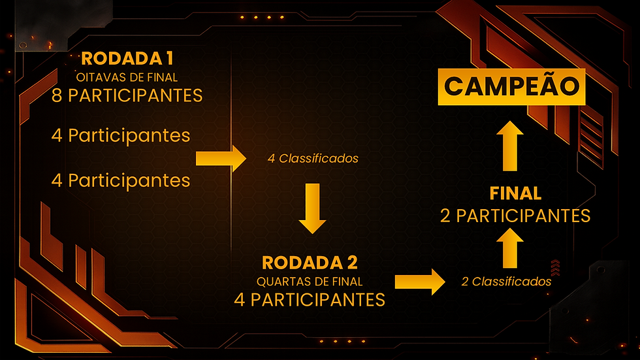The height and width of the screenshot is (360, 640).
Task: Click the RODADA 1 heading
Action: [127, 58]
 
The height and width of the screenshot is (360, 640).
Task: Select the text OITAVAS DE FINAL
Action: [127, 78]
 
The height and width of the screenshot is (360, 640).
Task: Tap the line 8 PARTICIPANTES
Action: [127, 95]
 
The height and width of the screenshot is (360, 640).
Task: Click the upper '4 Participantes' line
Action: [121, 135]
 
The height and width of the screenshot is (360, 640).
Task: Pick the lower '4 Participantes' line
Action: [121, 179]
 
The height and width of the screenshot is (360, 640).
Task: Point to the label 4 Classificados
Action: [312, 158]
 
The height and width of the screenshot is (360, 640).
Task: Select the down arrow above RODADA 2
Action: [312, 208]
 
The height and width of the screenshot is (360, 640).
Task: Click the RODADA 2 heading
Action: [310, 263]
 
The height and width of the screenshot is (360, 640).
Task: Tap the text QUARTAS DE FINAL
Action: [310, 282]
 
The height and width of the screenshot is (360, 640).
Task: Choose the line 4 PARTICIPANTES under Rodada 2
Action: [310, 300]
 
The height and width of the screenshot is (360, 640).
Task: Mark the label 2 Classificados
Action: [506, 282]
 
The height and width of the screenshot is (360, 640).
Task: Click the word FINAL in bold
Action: [515, 193]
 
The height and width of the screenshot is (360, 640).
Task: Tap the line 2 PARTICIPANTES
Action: [515, 215]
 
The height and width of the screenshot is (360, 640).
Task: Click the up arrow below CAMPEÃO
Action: [509, 146]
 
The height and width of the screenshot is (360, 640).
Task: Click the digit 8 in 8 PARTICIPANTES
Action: [57, 95]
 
